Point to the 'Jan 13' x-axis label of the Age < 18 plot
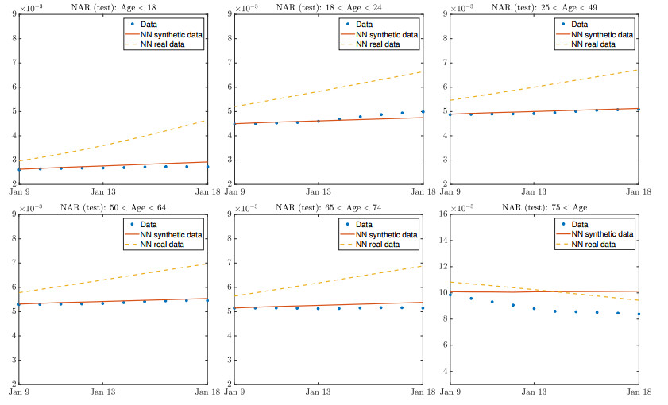coord(103,191)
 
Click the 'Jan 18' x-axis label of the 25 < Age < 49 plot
coord(637,191)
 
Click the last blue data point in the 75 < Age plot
coord(638,314)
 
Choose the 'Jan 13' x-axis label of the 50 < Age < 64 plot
coord(103,392)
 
